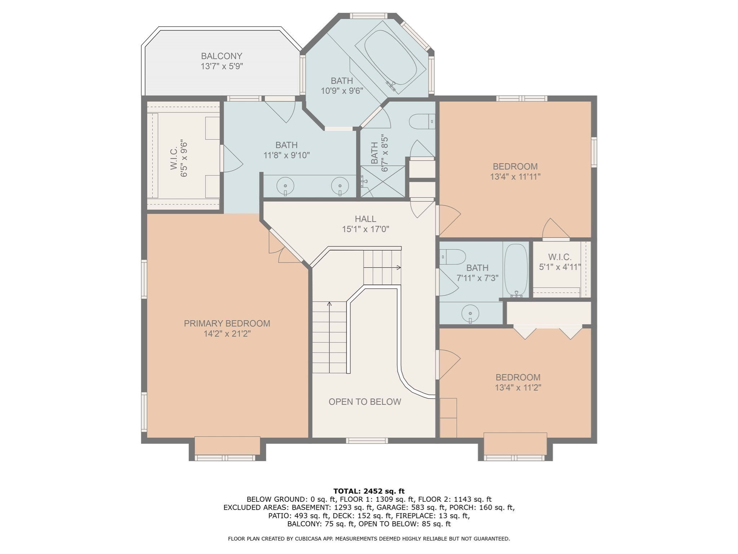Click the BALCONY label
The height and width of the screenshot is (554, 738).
[x=222, y=56]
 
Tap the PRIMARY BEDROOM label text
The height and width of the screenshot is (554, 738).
[x=227, y=324]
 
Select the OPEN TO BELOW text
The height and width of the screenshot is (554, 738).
[x=365, y=402]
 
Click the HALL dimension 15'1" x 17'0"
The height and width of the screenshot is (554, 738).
[x=365, y=229]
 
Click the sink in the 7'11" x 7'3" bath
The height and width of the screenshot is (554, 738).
[x=470, y=312]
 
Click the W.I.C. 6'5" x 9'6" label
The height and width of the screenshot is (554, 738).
[x=179, y=159]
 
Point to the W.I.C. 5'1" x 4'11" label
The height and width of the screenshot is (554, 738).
[x=560, y=262]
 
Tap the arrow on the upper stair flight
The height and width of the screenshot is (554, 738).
[x=398, y=268]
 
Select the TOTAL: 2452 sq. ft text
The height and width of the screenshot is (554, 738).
[x=369, y=491]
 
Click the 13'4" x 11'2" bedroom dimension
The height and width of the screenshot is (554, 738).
[x=518, y=388]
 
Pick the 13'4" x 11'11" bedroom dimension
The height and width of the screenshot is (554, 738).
[x=515, y=177]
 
